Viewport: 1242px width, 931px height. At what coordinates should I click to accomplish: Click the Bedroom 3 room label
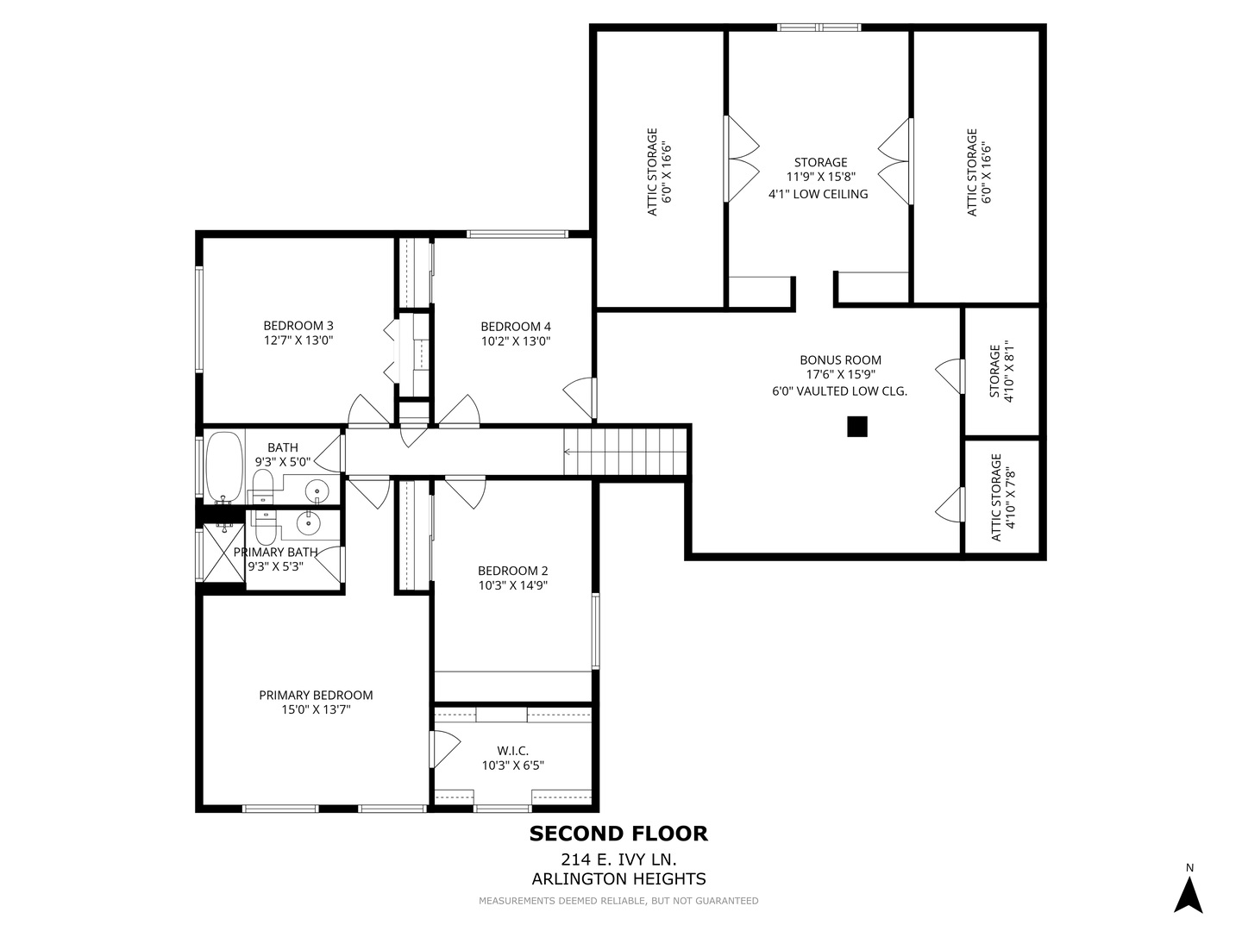(x=298, y=325)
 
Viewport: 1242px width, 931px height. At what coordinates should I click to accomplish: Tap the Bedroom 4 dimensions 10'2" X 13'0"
(x=515, y=341)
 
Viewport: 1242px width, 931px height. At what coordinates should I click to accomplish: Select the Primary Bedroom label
(x=316, y=695)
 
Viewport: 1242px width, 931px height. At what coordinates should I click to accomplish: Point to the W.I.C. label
(x=512, y=750)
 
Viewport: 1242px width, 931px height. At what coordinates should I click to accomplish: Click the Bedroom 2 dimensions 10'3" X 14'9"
(x=512, y=585)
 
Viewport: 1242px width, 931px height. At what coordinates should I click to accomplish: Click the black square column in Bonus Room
(x=856, y=427)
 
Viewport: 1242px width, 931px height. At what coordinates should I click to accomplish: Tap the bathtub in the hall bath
(x=224, y=465)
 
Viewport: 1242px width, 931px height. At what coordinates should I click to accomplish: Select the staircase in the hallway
(x=625, y=451)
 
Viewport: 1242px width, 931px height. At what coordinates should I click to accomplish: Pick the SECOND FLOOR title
(x=618, y=834)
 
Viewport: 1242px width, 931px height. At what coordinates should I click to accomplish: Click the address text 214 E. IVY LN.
(x=618, y=859)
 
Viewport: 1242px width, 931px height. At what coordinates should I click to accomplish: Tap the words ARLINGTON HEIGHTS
(x=618, y=879)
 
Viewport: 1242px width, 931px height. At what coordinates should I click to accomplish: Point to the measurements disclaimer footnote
(x=618, y=901)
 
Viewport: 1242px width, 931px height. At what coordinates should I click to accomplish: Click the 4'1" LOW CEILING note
(x=818, y=194)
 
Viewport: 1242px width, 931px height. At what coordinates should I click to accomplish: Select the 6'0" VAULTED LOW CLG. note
(x=839, y=391)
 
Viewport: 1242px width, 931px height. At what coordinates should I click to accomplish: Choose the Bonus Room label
(x=840, y=360)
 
